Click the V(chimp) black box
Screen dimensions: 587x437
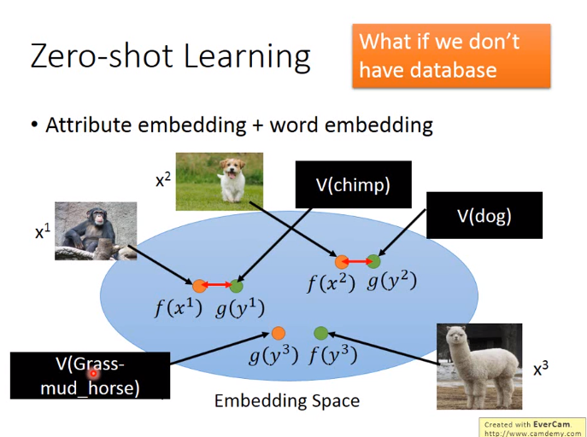354,184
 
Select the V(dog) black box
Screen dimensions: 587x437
484,215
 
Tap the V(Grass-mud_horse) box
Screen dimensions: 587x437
90,376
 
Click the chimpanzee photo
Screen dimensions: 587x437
96,231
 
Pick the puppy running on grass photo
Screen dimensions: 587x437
220,181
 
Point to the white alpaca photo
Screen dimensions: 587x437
479,366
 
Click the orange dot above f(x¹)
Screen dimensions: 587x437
199,286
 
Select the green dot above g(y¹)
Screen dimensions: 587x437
236,286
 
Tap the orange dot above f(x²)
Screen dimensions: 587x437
342,262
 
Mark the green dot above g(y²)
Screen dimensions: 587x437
373,261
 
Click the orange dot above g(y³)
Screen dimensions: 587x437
279,333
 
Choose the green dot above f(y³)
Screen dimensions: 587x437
320,333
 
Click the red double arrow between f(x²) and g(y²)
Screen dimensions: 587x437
357,262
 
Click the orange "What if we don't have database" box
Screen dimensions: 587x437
451,55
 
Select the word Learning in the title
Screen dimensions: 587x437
247,57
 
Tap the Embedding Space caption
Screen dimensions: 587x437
287,401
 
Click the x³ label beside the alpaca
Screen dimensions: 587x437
541,368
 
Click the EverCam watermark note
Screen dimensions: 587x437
532,428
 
